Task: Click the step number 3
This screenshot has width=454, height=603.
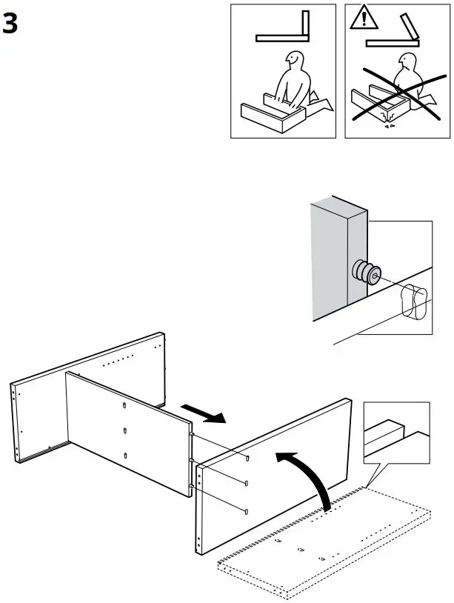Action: [x=10, y=24]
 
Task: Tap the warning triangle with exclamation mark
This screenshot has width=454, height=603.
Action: [x=362, y=17]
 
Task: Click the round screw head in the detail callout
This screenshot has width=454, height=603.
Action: [x=364, y=273]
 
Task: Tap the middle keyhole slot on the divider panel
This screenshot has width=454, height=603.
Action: [x=124, y=430]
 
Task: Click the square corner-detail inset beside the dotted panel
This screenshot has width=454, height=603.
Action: [x=396, y=434]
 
